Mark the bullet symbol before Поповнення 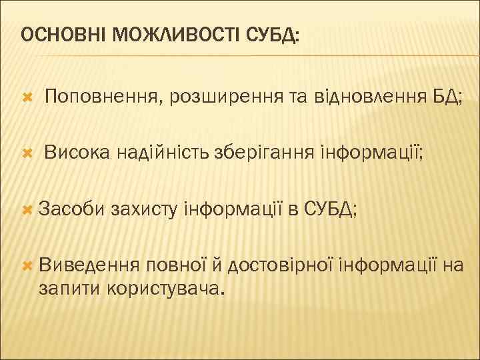click(27, 99)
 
